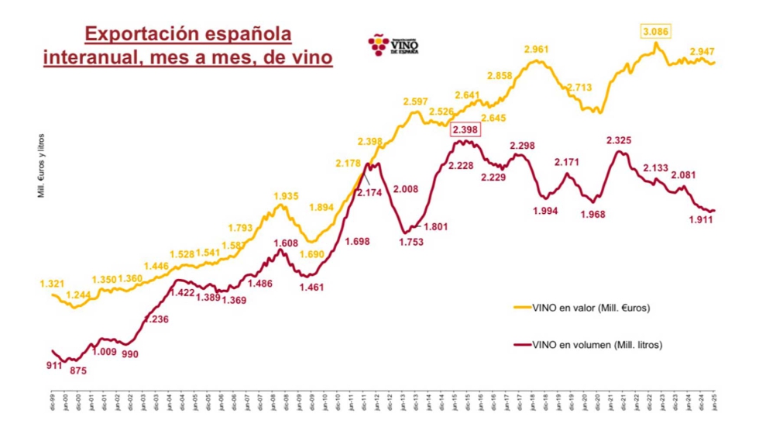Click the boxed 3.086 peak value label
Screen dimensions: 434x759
click(655, 32)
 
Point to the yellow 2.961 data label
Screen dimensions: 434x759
click(537, 50)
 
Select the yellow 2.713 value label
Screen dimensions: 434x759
click(580, 88)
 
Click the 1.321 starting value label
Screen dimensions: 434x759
click(52, 284)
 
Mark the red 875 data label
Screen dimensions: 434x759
click(77, 371)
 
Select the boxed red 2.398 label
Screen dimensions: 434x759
click(466, 129)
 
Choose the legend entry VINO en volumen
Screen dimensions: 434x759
click(597, 345)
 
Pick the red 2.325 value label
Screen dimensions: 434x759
click(619, 140)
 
